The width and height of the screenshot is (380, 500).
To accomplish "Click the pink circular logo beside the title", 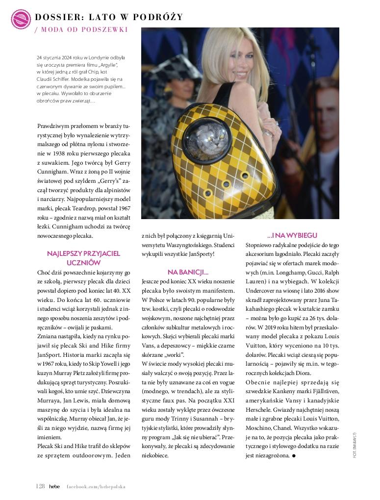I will pos(21,18).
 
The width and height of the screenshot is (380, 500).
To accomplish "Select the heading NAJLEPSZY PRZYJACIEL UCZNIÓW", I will pos(83,258).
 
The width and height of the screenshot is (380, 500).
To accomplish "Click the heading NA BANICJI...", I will pos(188,272).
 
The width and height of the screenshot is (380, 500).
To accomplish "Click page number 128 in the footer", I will pos(40,486).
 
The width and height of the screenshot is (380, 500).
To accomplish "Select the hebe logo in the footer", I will pos(54,486).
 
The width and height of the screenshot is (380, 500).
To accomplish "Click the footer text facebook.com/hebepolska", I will pos(96,487).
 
